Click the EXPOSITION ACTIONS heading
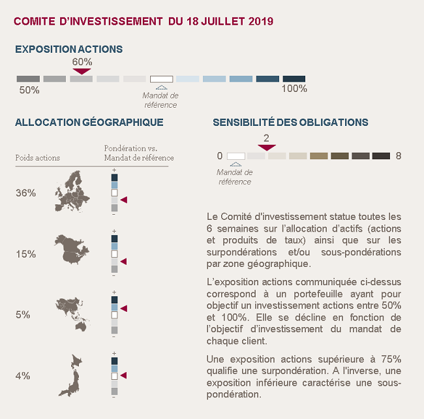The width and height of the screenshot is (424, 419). (68, 49)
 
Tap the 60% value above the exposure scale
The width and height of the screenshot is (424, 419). (82, 61)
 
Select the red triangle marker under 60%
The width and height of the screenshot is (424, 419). (82, 70)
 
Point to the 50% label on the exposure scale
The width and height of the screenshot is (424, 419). (29, 90)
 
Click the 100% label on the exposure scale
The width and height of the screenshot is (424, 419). (294, 89)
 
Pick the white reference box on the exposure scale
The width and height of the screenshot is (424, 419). (161, 79)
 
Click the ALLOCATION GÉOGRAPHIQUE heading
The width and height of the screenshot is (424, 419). (89, 122)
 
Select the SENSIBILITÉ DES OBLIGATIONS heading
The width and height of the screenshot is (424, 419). (290, 122)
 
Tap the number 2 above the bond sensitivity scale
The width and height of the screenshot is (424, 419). (266, 138)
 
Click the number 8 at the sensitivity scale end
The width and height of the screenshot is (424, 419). (399, 156)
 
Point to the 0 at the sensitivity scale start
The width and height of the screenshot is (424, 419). (220, 156)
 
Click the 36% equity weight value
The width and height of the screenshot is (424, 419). (25, 193)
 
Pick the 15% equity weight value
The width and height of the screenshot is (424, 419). (25, 254)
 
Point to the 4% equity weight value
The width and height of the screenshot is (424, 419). (23, 376)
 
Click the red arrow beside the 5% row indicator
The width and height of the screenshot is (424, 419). (124, 307)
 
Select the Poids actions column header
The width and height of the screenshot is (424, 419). (38, 158)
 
